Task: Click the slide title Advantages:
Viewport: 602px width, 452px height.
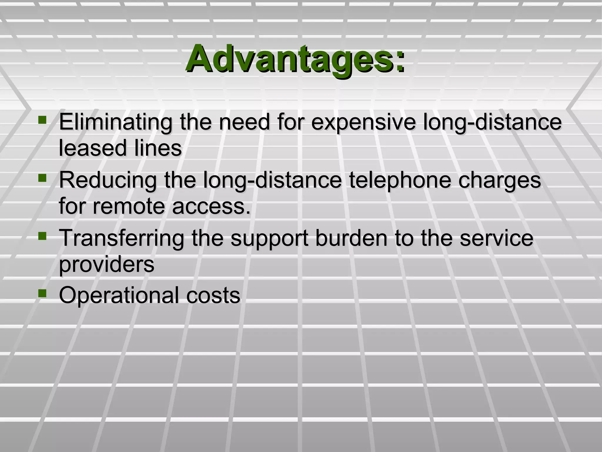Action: click(295, 59)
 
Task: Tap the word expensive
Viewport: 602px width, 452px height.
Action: click(364, 122)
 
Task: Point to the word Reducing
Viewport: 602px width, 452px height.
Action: click(108, 180)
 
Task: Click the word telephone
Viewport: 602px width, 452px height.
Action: click(400, 180)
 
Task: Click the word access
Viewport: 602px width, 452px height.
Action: click(211, 206)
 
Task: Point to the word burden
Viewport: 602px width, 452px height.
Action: click(352, 238)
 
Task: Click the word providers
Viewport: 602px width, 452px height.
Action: click(106, 265)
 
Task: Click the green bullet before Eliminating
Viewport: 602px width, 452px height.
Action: click(42, 120)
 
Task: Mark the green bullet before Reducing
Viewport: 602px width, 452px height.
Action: click(42, 178)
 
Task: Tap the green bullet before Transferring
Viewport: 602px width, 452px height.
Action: click(42, 236)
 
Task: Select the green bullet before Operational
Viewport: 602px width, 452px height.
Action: click(42, 293)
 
